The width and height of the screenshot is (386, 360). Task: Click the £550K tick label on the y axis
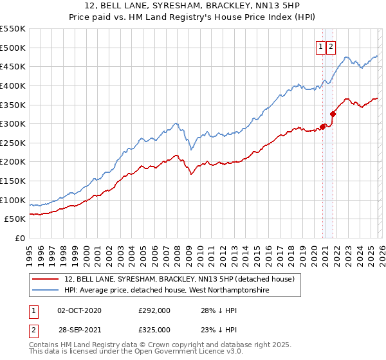13,29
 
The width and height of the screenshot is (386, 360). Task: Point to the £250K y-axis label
13,143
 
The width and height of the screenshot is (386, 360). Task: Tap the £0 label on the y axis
20,238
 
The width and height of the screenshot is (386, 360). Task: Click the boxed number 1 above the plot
320,46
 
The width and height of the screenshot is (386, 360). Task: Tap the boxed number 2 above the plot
331,46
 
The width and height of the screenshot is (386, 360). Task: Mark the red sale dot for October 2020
322,127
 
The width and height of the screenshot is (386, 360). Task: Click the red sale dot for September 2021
333,114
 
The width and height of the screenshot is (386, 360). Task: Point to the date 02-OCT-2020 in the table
79,310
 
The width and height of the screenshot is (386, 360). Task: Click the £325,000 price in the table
154,329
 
